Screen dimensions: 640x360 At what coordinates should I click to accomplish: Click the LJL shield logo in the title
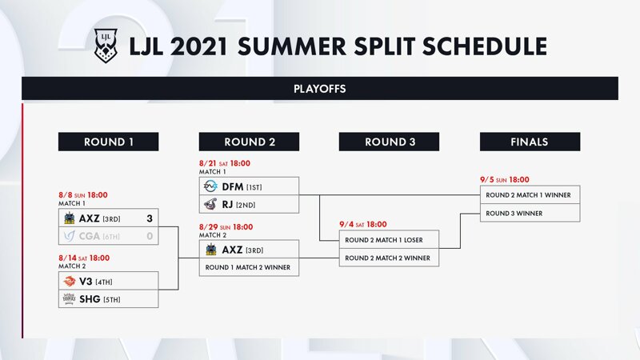pyautogui.click(x=106, y=46)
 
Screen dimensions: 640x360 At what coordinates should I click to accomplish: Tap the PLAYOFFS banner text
pyautogui.click(x=319, y=89)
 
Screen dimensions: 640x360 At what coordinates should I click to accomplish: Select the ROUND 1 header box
pyautogui.click(x=108, y=142)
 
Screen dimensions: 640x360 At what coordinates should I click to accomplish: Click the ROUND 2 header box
pyautogui.click(x=249, y=142)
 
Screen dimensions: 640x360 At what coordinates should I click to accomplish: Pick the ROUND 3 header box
pyautogui.click(x=389, y=142)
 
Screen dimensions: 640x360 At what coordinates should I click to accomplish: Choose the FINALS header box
pyautogui.click(x=530, y=142)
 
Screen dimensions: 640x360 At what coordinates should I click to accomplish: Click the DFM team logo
pyautogui.click(x=210, y=186)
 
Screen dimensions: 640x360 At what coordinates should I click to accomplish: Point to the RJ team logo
pyautogui.click(x=210, y=204)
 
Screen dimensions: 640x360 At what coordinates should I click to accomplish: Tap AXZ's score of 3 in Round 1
pyautogui.click(x=150, y=218)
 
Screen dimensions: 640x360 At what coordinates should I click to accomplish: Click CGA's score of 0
pyautogui.click(x=150, y=236)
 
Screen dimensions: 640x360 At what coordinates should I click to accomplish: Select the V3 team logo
pyautogui.click(x=70, y=281)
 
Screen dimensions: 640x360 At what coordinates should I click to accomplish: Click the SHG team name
pyautogui.click(x=90, y=299)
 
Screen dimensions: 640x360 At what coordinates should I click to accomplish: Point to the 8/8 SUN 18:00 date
pyautogui.click(x=83, y=195)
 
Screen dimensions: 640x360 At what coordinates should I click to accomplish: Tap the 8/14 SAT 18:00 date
pyautogui.click(x=84, y=258)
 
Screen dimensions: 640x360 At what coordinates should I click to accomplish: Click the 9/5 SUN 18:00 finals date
pyautogui.click(x=505, y=179)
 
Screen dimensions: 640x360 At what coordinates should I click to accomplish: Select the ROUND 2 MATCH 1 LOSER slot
pyautogui.click(x=389, y=239)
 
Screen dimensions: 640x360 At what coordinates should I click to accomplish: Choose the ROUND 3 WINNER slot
pyautogui.click(x=530, y=213)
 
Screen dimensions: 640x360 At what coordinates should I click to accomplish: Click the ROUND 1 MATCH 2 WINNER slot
pyautogui.click(x=249, y=267)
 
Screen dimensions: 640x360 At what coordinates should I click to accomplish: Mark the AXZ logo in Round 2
pyautogui.click(x=211, y=250)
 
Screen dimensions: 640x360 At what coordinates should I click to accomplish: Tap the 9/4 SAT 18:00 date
pyautogui.click(x=363, y=224)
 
